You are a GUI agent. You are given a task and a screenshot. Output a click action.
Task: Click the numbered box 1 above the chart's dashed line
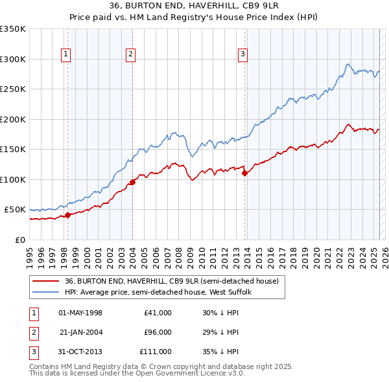click(66, 55)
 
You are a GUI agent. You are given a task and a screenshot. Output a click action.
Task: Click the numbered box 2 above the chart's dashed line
click(130, 55)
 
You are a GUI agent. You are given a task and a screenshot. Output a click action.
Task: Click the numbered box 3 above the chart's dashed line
click(242, 55)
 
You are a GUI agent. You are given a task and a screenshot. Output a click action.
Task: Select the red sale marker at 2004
click(132, 182)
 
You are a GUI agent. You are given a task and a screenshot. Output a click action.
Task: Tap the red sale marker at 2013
click(244, 173)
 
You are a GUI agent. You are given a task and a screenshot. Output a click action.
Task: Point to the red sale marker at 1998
click(67, 215)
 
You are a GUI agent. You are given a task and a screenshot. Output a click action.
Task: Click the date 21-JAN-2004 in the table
click(80, 332)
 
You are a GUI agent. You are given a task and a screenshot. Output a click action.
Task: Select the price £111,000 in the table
click(156, 352)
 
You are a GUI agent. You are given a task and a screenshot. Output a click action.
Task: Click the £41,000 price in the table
click(158, 313)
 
